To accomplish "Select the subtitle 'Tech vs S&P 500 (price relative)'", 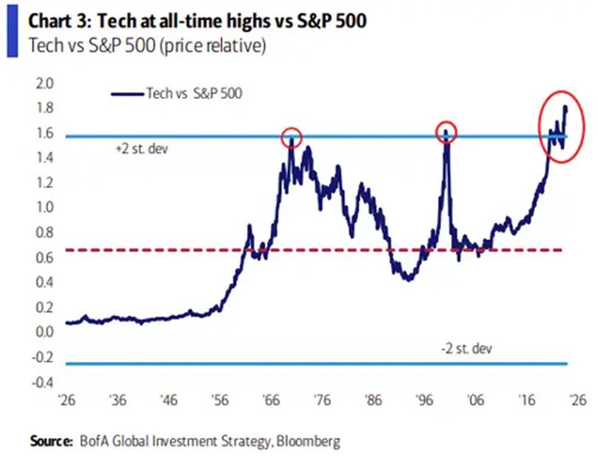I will coord(147,45).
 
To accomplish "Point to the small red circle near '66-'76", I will coord(292,136).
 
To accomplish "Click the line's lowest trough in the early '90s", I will coord(408,278).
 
